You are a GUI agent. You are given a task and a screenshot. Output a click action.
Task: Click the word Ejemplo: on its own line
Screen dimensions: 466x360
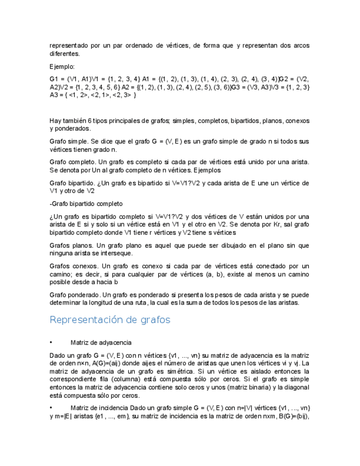[x=62, y=66]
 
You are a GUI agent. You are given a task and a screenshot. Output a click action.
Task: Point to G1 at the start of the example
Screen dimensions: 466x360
[x=56, y=79]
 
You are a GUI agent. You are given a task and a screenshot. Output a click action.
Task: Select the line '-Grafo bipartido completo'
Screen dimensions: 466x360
[x=86, y=203]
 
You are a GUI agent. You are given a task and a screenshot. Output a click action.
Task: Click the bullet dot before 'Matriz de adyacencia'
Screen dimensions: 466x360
[x=51, y=342]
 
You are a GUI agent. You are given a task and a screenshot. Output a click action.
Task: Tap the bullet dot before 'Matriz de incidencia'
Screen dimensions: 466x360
[x=51, y=408]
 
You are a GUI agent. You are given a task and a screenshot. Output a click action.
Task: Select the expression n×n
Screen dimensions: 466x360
[x=83, y=363]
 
